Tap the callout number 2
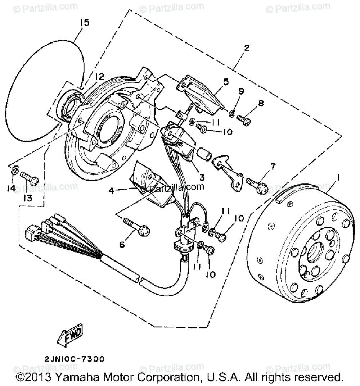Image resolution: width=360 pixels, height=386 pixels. (246, 48)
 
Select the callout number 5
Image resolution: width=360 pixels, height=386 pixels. (225, 82)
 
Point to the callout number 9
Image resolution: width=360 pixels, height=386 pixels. (241, 91)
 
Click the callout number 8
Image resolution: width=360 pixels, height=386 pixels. (261, 104)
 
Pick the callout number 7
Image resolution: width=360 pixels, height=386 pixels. (273, 166)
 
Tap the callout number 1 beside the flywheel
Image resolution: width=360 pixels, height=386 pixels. (338, 177)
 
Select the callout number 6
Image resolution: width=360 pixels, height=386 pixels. (122, 244)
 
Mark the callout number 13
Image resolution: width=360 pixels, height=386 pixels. (28, 197)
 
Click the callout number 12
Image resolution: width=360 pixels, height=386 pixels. (99, 76)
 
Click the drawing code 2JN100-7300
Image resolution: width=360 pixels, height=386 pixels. (75, 359)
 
